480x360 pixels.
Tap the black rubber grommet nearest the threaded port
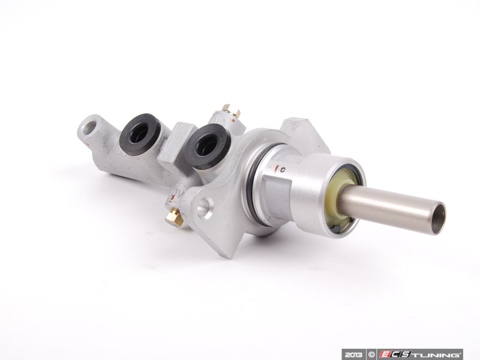140,134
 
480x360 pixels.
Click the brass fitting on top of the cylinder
230,111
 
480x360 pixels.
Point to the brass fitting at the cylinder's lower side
174,216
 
